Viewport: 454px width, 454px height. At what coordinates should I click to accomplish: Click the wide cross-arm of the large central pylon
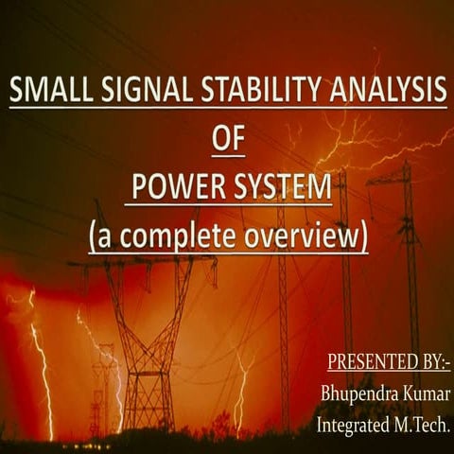(x=142, y=261)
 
